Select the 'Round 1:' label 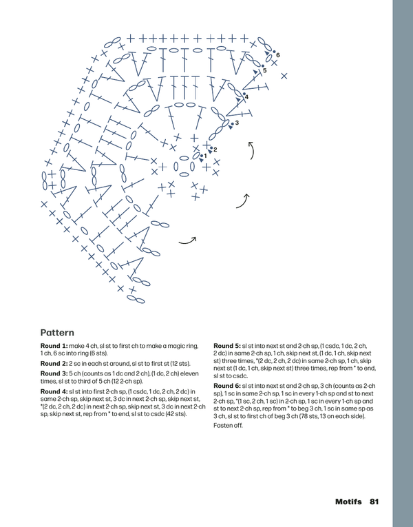[x=54, y=344]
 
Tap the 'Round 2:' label [x=54, y=363]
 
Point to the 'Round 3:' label [x=54, y=374]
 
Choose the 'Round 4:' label [x=54, y=392]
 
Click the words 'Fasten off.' [x=229, y=426]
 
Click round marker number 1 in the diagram [x=204, y=156]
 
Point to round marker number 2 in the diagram [x=215, y=149]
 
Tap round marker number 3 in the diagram [x=236, y=123]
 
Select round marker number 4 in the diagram [x=246, y=97]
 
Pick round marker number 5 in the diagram [x=264, y=70]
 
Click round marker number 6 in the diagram [x=277, y=55]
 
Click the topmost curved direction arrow [x=252, y=149]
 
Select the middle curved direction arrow [x=242, y=200]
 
